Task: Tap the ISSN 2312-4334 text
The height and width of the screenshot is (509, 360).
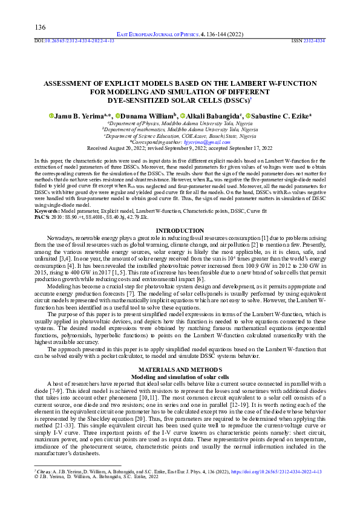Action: point(308,41)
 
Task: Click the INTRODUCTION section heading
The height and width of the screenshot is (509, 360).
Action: point(180,231)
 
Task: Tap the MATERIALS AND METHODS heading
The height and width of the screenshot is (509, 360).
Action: point(180,369)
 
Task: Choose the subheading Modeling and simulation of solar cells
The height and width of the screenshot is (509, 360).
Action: point(180,375)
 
